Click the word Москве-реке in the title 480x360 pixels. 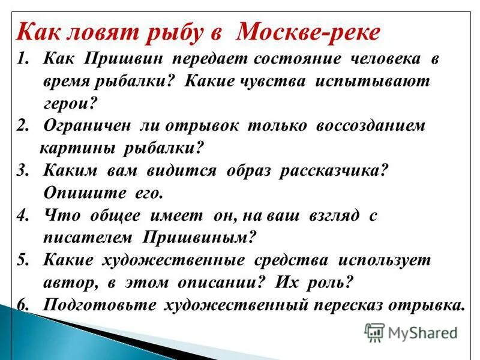[308, 32]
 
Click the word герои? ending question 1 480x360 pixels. [70, 103]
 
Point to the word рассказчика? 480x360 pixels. [335, 171]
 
